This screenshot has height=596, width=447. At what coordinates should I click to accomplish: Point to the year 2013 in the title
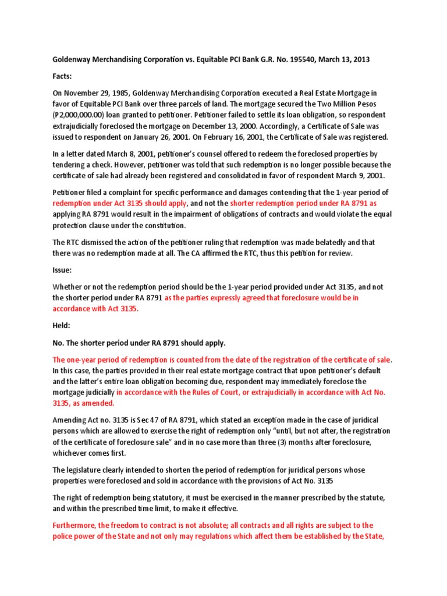tap(359, 59)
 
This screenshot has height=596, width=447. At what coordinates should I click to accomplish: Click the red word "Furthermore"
tap(75, 524)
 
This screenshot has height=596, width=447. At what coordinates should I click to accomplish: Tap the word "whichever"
tap(74, 453)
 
